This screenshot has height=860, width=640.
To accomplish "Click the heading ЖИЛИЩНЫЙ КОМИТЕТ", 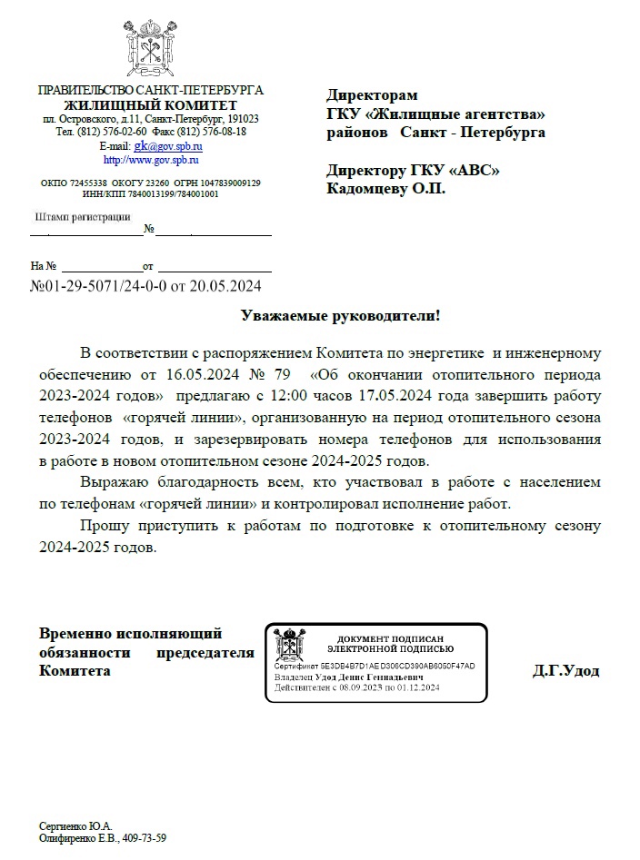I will click(150, 105).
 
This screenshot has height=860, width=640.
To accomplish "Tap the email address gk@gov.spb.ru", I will click(168, 145).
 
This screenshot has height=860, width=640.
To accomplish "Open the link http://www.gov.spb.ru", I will click(151, 159).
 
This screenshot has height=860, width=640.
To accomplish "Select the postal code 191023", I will click(244, 119).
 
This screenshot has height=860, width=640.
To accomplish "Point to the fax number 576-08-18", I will click(223, 132).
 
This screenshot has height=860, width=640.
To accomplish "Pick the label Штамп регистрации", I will click(81, 217).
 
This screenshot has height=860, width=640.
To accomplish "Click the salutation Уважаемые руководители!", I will click(340, 316).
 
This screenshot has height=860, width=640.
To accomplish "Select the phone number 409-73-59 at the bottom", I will click(145, 838).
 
